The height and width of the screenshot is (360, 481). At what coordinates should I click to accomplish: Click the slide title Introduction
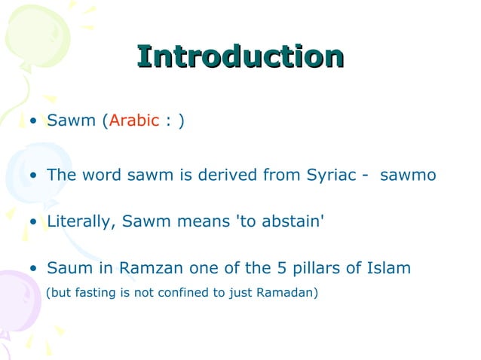tap(240, 57)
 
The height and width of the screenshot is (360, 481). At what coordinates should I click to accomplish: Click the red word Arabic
tap(134, 121)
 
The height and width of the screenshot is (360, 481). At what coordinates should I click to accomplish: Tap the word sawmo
tap(408, 175)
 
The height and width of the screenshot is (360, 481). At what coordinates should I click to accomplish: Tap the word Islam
tap(386, 268)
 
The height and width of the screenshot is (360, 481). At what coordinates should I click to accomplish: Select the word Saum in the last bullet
tap(64, 268)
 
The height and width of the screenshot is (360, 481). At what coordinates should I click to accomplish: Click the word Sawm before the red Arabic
tap(72, 121)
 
